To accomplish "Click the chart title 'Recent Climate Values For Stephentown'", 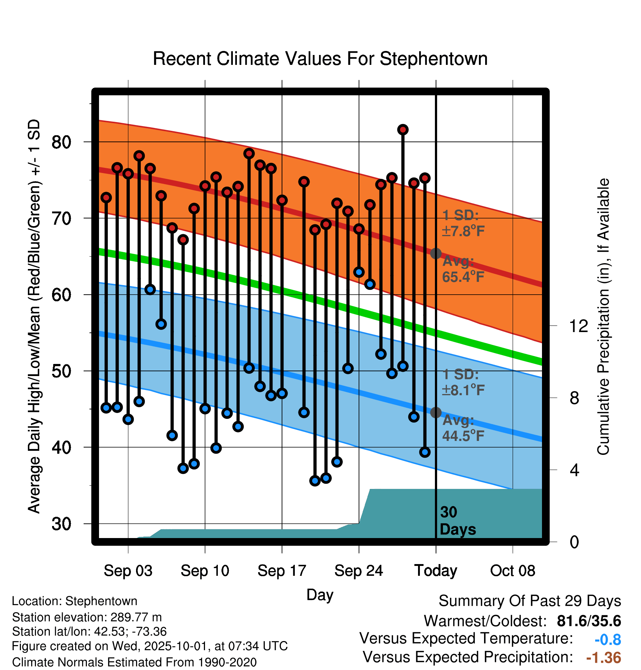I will pyautogui.click(x=320, y=59).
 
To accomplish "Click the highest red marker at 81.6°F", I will pyautogui.click(x=403, y=130).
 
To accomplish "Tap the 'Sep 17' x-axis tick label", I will pyautogui.click(x=282, y=571).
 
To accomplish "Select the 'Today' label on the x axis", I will pyautogui.click(x=436, y=571).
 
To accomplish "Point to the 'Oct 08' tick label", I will pyautogui.click(x=513, y=571).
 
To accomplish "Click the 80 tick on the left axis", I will pyautogui.click(x=61, y=142).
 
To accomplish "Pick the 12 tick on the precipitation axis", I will pyautogui.click(x=578, y=326).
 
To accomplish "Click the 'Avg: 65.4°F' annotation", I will pyautogui.click(x=463, y=269).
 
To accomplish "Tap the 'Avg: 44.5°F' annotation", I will pyautogui.click(x=463, y=428).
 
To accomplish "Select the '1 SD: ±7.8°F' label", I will pyautogui.click(x=463, y=223).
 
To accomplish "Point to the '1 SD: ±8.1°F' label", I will pyautogui.click(x=463, y=382).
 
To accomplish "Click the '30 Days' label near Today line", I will pyautogui.click(x=457, y=521).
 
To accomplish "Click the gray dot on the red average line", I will pyautogui.click(x=436, y=253).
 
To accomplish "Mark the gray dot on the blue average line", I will pyautogui.click(x=436, y=412).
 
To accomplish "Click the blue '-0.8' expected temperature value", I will pyautogui.click(x=608, y=640).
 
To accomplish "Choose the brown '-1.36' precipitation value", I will pyautogui.click(x=604, y=658).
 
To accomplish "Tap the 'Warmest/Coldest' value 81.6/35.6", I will pyautogui.click(x=589, y=621).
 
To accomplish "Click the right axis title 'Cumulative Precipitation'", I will pyautogui.click(x=603, y=317).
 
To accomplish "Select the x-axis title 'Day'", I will pyautogui.click(x=320, y=594).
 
